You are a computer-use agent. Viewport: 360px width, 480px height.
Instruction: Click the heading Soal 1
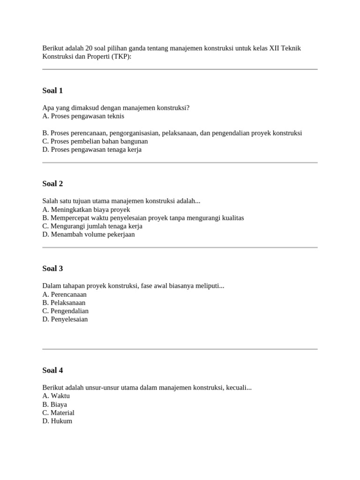coord(52,90)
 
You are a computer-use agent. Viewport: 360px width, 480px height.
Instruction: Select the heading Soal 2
coord(52,184)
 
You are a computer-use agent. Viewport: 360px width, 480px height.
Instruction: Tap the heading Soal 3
coord(52,269)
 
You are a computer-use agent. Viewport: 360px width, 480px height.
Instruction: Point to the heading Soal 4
coord(52,370)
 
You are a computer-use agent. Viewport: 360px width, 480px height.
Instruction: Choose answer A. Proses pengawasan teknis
coord(83,116)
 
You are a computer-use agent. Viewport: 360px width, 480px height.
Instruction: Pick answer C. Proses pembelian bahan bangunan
coord(95,142)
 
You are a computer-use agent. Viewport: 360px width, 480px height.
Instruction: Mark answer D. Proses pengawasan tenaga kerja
coord(91,150)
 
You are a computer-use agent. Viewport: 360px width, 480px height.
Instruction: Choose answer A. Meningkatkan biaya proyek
coord(86,210)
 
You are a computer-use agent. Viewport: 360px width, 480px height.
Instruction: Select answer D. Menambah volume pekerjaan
coord(88,235)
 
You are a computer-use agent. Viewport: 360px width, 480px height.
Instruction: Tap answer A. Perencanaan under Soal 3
coord(64,294)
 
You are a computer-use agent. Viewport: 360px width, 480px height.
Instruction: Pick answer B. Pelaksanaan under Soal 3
coord(64,303)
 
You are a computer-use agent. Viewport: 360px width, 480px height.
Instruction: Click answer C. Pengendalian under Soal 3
coord(65,311)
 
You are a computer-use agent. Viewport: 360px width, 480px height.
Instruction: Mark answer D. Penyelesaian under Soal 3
coord(65,320)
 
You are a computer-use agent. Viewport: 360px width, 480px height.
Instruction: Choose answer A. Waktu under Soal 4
coord(56,396)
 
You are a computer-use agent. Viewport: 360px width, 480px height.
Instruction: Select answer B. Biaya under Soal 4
coord(54,405)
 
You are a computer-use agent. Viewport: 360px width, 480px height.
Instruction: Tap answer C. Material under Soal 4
coord(58,413)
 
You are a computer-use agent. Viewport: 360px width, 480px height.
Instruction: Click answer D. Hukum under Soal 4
coord(57,421)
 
